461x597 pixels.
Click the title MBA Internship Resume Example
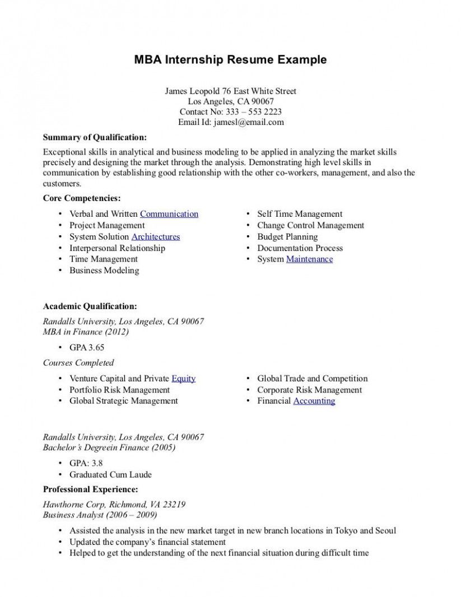coord(230,60)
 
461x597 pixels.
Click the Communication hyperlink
coord(169,214)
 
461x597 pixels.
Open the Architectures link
coord(155,236)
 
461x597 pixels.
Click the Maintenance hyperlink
coord(309,259)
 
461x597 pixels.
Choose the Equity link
coord(183,379)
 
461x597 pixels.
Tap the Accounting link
coord(314,401)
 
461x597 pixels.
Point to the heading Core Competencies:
coord(82,198)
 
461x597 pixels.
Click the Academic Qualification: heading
coord(90,306)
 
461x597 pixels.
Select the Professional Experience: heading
coord(90,489)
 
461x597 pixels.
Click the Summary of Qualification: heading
coord(95,137)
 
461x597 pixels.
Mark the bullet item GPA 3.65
coord(87,347)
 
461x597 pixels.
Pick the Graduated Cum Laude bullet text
coord(110,474)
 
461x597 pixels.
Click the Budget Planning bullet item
coord(287,236)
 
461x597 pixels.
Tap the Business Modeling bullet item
coord(104,270)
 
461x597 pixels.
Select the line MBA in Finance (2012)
coord(86,332)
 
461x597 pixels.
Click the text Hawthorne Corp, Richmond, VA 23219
coord(114,504)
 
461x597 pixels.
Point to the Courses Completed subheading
coord(78,363)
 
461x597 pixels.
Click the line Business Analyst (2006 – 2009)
coord(100,515)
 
